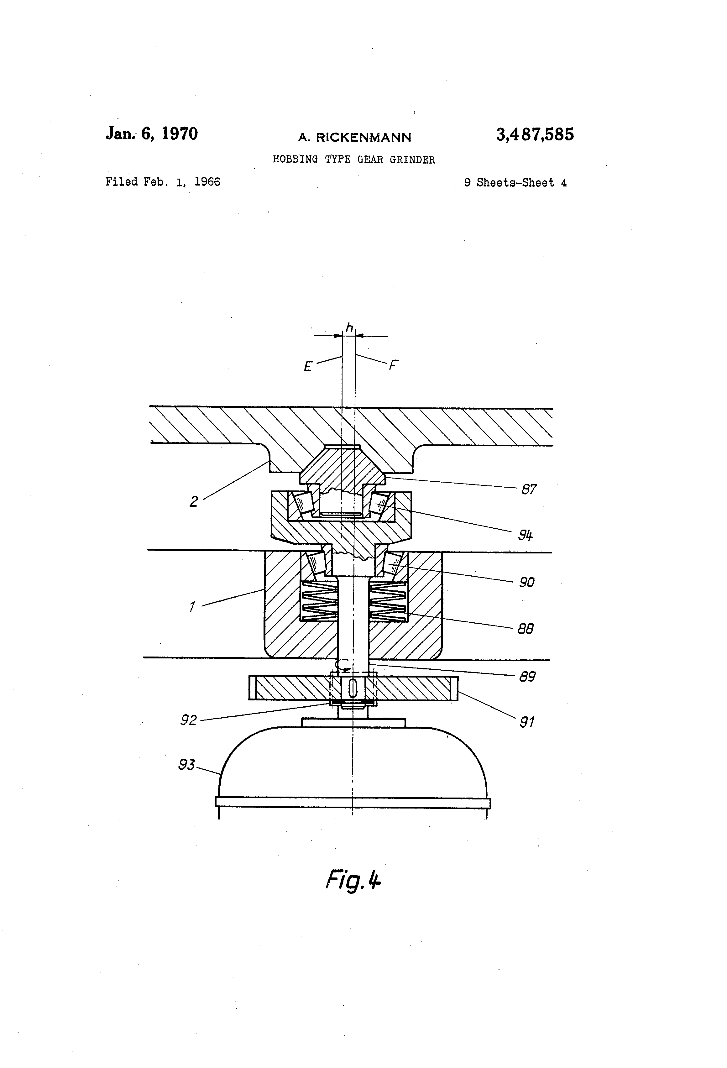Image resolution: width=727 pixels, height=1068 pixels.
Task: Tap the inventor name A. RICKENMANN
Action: [354, 137]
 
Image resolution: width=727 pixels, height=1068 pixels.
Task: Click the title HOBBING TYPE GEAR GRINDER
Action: [354, 160]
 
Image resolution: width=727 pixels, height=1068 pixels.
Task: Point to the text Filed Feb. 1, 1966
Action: [163, 182]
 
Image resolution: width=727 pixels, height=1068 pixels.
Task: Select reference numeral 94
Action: [525, 535]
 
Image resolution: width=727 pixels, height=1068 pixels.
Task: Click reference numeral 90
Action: [527, 582]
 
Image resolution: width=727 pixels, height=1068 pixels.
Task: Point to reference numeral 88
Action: [525, 629]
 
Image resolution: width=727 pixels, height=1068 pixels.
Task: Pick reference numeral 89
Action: [527, 677]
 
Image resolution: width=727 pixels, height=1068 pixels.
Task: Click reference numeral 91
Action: [527, 722]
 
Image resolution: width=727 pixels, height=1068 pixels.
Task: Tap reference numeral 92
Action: [188, 720]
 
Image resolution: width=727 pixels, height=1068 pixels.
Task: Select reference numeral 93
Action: [186, 765]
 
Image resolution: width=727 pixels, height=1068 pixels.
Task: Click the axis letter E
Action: [308, 366]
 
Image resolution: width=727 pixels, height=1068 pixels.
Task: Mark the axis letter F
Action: [393, 365]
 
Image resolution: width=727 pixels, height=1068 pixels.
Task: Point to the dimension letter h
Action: [349, 328]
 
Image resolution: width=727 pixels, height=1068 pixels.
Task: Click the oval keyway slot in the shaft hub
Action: [353, 688]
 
